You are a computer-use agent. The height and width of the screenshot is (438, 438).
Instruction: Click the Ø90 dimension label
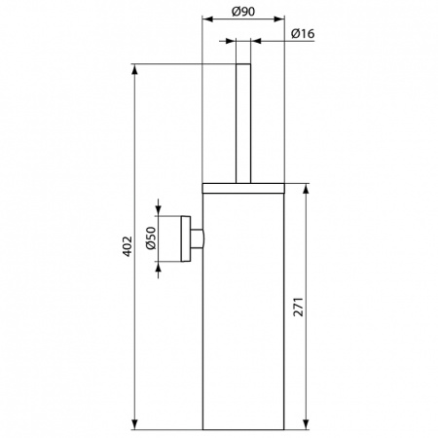click(243, 11)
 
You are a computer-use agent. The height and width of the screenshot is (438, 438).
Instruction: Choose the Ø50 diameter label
click(152, 238)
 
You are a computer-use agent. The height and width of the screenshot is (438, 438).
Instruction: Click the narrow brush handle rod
click(243, 122)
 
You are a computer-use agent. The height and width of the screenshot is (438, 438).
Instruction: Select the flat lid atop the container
click(243, 183)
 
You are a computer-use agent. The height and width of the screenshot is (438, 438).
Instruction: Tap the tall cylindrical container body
click(243, 311)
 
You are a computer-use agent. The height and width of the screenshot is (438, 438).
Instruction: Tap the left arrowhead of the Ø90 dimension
click(206, 18)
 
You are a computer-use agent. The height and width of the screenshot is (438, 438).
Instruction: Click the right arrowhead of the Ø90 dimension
click(280, 18)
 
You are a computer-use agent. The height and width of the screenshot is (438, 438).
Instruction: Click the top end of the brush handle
click(243, 66)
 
